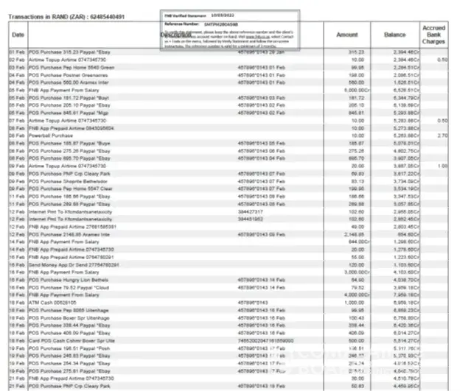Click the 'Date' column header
tap(18, 35)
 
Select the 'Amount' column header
tap(346, 35)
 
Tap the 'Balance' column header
tap(395, 35)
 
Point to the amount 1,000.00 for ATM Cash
tap(354, 302)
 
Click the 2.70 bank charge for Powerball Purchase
tap(442, 135)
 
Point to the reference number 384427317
tap(250, 211)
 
